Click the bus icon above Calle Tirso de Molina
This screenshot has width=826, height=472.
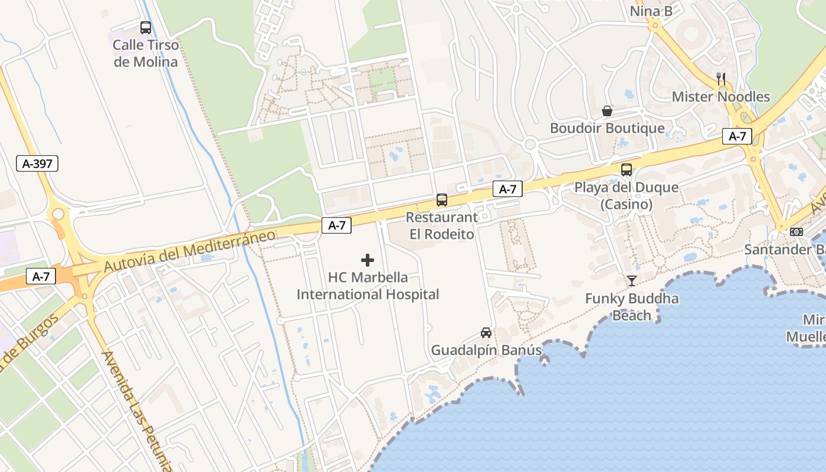[x=145, y=27]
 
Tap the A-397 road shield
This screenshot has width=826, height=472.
[x=37, y=163]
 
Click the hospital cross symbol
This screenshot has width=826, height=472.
[x=368, y=260]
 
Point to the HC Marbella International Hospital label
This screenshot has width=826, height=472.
[x=368, y=286]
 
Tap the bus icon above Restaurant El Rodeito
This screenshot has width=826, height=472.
[x=442, y=199]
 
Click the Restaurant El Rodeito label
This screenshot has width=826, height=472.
[x=442, y=225]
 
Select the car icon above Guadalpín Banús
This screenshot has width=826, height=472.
[x=486, y=332]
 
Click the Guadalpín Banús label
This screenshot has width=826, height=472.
[x=486, y=350]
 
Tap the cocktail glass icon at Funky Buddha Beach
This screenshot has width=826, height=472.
[x=632, y=281]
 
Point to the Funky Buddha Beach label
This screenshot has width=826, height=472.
[x=632, y=307]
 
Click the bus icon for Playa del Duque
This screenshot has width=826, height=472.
[x=627, y=170]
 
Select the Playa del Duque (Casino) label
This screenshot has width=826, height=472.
[x=627, y=196]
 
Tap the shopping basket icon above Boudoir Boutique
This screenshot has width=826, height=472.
[x=607, y=110]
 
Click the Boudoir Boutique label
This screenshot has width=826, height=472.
[x=607, y=128]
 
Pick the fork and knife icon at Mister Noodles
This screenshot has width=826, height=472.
[x=720, y=78]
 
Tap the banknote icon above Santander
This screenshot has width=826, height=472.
[x=796, y=232]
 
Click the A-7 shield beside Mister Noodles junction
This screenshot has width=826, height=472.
[x=737, y=136]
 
